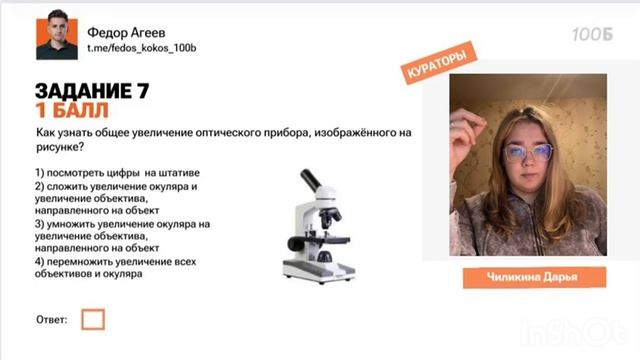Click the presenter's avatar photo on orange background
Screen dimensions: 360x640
[57, 38]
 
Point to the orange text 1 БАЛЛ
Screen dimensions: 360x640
[71, 111]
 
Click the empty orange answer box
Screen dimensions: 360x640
[93, 320]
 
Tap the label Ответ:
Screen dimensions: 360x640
[52, 320]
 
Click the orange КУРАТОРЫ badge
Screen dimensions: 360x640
[438, 65]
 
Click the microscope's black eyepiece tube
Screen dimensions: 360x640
[308, 180]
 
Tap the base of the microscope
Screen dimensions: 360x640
[318, 271]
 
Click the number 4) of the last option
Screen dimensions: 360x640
[40, 262]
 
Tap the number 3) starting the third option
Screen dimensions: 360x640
[40, 224]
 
